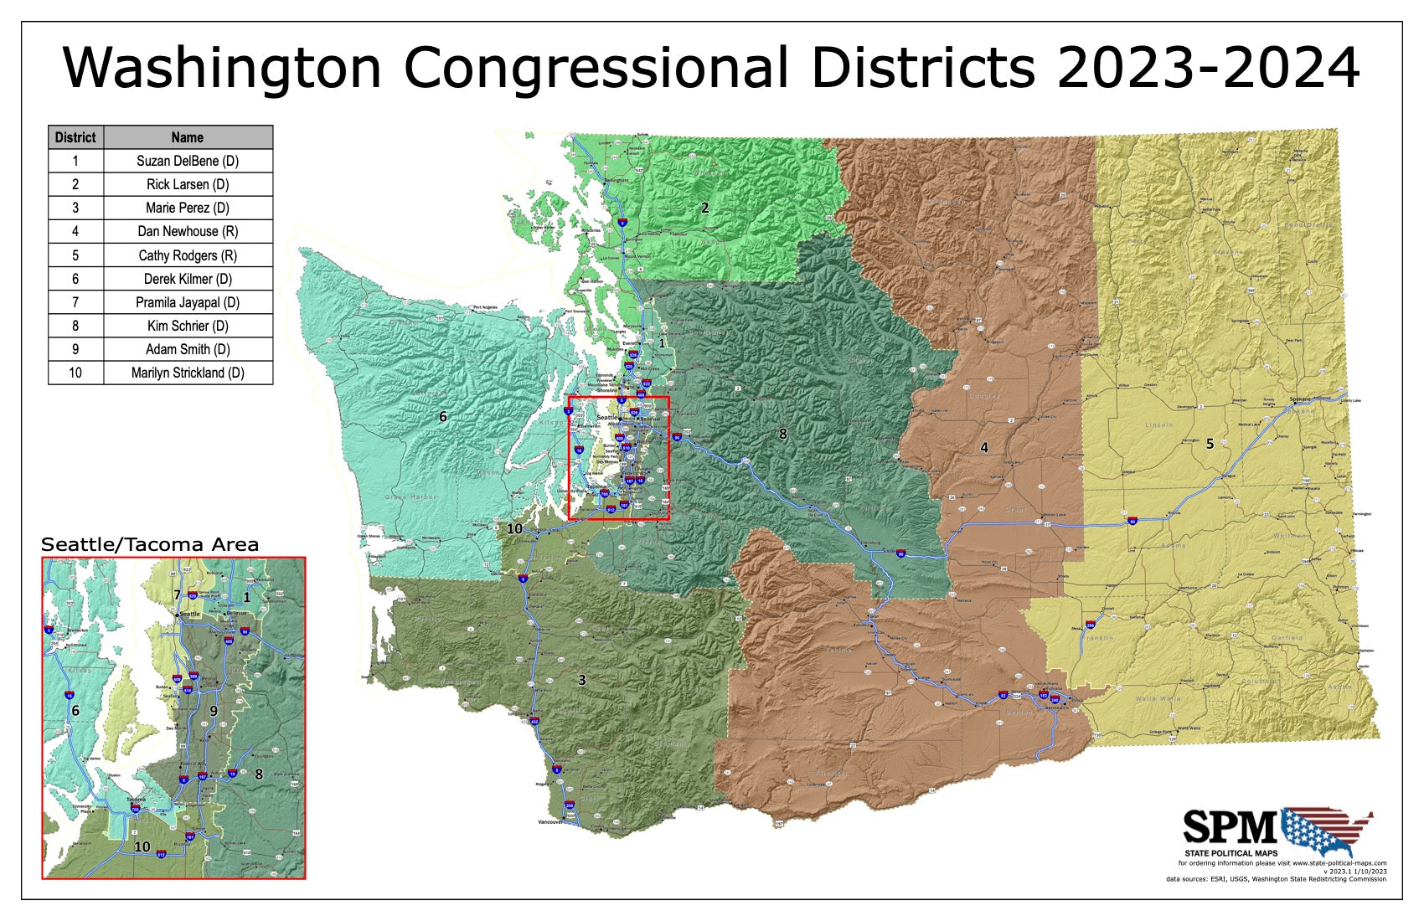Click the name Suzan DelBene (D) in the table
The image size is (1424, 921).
coord(188,161)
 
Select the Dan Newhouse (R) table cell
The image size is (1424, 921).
coord(188,231)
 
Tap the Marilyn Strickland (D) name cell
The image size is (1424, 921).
coord(188,373)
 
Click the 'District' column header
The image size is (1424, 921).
coord(75,137)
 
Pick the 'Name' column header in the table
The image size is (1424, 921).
coord(188,137)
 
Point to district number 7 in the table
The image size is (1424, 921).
coord(75,302)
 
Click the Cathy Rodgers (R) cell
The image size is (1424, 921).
coord(188,255)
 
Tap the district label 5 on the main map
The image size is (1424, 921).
coord(1210,444)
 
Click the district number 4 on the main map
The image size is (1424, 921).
coord(984,448)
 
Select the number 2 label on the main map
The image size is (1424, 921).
coord(704,208)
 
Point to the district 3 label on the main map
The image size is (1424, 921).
coord(582,680)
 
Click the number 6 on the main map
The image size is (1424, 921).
coord(443,416)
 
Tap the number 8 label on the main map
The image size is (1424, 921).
coord(783,434)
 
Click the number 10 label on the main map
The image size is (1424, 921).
coord(514,529)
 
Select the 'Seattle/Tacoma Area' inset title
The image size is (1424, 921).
coord(150,545)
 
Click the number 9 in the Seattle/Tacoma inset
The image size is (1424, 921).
coord(214,711)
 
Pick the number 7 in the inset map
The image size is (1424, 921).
coord(177,594)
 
